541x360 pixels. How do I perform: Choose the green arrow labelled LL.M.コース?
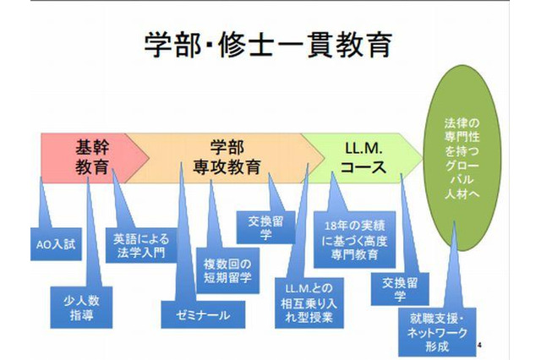pos(363,155)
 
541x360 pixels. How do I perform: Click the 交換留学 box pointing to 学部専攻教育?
pos(265,229)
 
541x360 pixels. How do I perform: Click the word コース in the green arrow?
pos(363,166)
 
